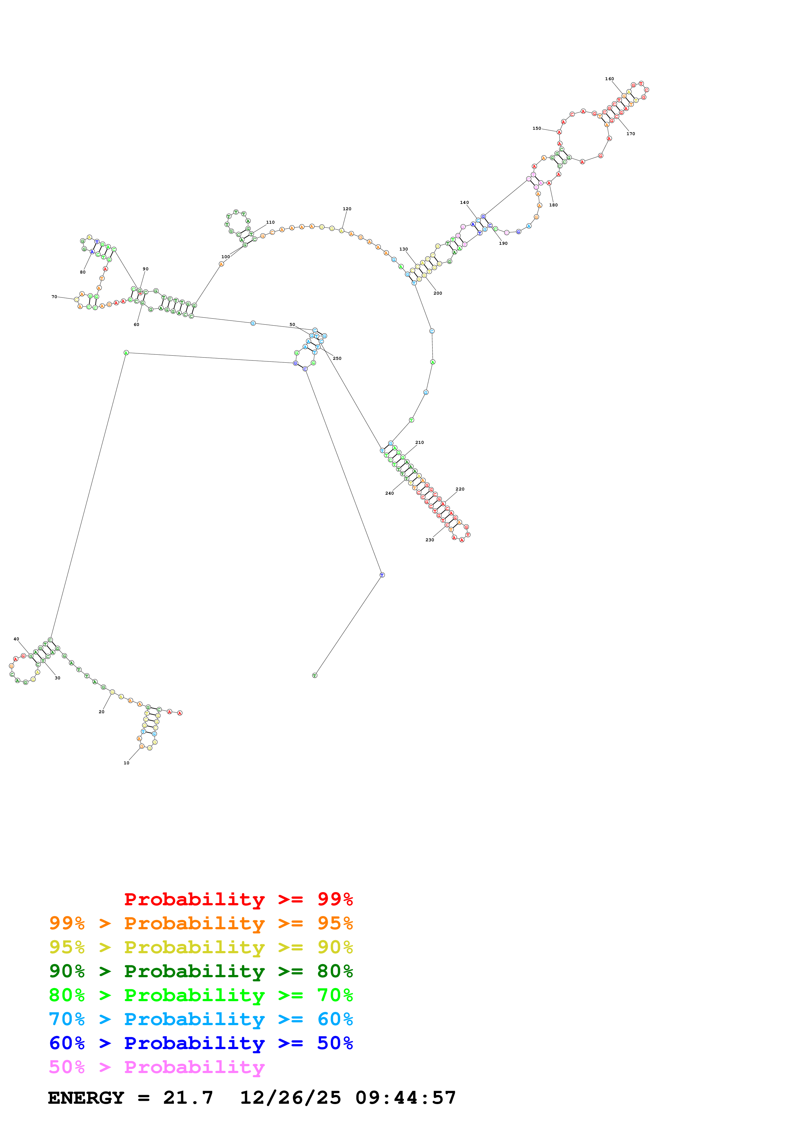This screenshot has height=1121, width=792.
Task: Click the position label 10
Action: [x=127, y=763]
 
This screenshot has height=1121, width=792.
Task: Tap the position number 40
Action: [x=16, y=638]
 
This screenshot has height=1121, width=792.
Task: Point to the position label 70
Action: [x=54, y=296]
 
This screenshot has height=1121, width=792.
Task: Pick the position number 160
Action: [x=610, y=79]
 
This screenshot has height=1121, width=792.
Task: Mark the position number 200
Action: [x=438, y=293]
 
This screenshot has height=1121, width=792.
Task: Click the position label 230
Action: [x=429, y=539]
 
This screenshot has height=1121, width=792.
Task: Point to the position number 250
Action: [x=337, y=358]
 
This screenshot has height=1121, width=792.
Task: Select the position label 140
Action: [x=464, y=202]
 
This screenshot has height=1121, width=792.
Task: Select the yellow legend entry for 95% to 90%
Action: [x=201, y=947]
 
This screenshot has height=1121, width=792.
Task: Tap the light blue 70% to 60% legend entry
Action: [x=201, y=1019]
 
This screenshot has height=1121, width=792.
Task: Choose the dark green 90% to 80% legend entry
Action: [x=201, y=971]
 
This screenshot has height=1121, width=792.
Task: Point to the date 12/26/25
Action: [x=290, y=1098]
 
